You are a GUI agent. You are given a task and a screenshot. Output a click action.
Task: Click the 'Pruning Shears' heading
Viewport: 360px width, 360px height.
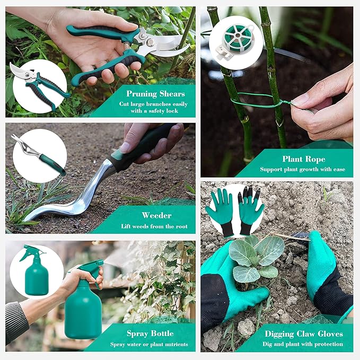click(156, 94)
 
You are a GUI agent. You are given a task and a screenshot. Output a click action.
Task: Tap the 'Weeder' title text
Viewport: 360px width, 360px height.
click(156, 215)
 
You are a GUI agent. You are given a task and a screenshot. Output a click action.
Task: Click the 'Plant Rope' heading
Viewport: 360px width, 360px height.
click(304, 159)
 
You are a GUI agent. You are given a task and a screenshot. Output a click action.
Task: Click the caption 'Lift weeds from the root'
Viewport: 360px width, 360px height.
click(156, 226)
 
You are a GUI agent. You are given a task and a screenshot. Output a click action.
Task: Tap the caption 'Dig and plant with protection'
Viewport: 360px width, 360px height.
click(303, 344)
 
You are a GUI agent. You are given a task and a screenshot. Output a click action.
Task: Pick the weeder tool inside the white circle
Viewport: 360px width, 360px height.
click(39, 156)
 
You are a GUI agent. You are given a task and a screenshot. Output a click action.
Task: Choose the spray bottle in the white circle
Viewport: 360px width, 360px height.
click(36, 271)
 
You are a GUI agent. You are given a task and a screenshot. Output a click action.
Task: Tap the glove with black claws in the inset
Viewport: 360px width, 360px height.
click(251, 208)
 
